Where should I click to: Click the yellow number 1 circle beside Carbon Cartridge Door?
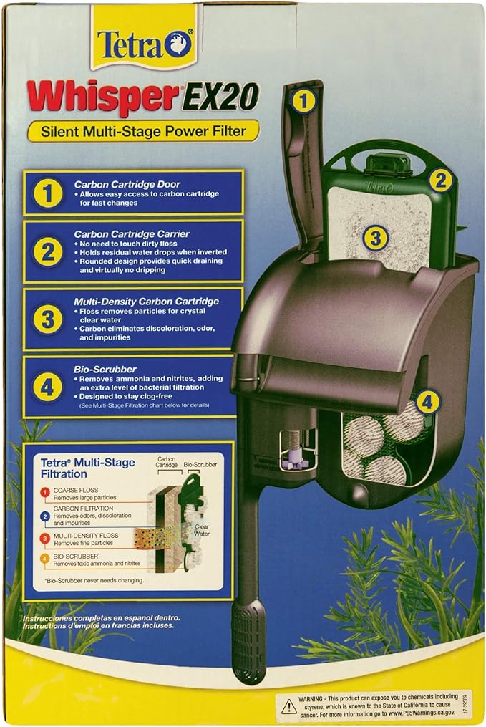click(x=47, y=193)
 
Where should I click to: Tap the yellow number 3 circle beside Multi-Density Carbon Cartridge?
click(x=47, y=319)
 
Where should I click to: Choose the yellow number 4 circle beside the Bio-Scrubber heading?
click(x=47, y=387)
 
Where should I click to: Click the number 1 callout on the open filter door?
click(x=304, y=102)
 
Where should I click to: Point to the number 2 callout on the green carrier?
click(x=441, y=180)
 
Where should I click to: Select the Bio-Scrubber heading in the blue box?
click(x=106, y=369)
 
